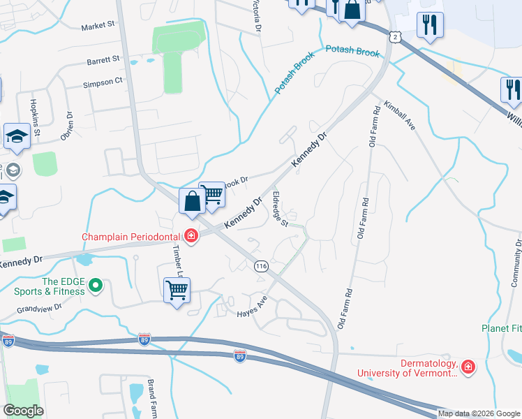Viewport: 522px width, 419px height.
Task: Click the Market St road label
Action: tap(98, 26)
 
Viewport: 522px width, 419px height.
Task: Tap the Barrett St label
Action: tap(104, 61)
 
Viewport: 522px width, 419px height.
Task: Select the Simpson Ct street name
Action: tap(103, 82)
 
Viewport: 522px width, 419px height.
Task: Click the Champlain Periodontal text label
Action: tap(130, 237)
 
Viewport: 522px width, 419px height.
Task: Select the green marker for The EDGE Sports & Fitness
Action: tap(96, 284)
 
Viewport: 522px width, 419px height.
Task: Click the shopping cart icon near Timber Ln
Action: tap(177, 290)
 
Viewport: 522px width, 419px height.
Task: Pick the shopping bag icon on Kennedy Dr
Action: tap(191, 201)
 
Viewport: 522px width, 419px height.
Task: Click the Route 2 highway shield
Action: tap(396, 36)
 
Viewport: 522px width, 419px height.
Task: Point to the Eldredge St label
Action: tap(281, 209)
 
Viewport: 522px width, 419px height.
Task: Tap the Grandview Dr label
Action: tap(40, 307)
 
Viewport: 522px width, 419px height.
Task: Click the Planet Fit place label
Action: tap(501, 328)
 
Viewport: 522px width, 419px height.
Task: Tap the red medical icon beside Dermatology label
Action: tap(467, 366)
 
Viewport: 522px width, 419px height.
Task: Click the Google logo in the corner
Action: tap(23, 411)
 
